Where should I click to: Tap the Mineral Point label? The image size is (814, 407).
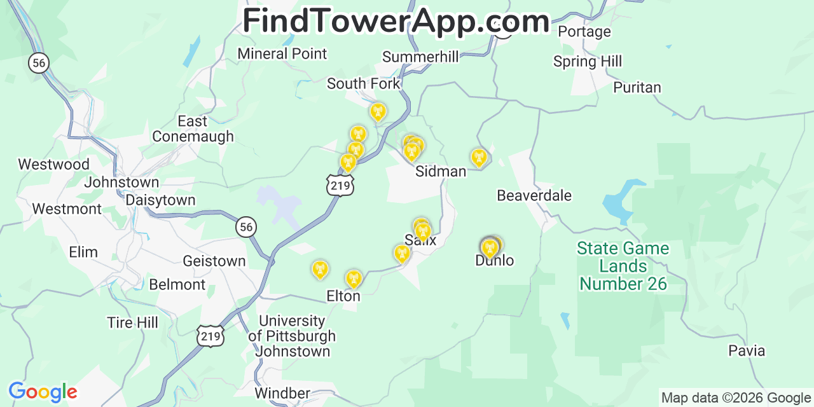click(282, 53)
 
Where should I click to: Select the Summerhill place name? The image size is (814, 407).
click(420, 57)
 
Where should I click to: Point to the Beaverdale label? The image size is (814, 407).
click(534, 195)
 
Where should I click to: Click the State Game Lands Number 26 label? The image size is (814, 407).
click(623, 266)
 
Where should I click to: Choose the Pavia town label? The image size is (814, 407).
click(747, 350)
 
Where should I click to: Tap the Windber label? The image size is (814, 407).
click(282, 393)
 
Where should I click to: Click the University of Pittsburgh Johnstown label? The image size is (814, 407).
click(291, 336)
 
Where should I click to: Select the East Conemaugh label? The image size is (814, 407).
click(193, 128)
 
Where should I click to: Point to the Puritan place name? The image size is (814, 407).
click(637, 88)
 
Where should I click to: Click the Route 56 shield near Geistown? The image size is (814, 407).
click(246, 227)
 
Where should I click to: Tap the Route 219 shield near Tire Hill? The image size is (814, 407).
click(210, 336)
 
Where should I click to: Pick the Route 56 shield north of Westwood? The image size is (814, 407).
click(39, 62)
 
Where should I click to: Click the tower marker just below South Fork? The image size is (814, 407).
click(378, 112)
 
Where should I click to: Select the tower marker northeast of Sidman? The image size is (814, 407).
click(478, 156)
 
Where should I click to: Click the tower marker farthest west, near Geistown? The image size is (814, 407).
click(320, 268)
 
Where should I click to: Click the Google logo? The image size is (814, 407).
click(43, 392)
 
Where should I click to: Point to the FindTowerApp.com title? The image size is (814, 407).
click(396, 22)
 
